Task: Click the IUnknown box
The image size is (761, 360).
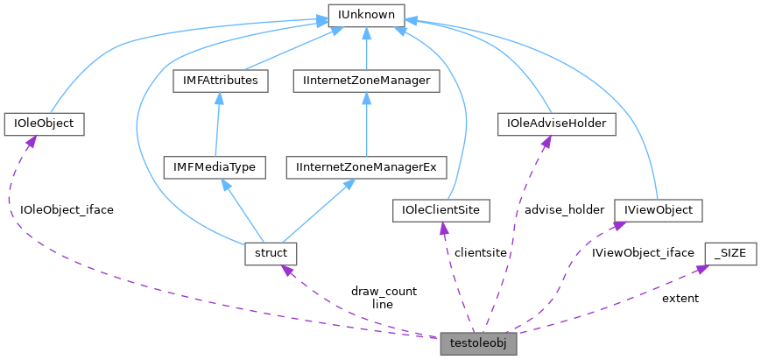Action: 366,15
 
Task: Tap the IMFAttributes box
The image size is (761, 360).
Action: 219,81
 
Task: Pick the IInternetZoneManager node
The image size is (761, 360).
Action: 367,81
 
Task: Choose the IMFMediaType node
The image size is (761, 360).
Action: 215,166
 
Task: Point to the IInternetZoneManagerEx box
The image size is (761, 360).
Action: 367,166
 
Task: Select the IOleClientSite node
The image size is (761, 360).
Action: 441,210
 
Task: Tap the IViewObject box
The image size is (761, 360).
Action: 658,210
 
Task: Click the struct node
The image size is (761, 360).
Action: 271,253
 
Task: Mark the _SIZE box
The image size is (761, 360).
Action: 729,253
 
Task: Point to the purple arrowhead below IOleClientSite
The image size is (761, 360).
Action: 444,228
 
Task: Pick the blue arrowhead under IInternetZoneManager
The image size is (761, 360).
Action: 367,97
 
